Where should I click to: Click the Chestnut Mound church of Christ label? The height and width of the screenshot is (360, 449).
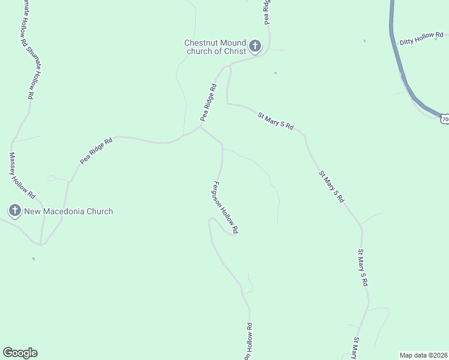coord(215,47)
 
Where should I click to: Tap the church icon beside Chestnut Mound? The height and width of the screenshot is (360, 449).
coord(255,46)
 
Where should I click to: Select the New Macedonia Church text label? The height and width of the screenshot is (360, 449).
coord(68,211)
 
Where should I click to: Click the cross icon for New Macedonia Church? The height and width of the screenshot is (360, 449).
coord(15,211)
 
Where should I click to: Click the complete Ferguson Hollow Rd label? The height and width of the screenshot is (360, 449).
coord(226,207)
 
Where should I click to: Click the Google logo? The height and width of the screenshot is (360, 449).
coord(20,352)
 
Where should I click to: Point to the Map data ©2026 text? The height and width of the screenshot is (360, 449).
coord(423,355)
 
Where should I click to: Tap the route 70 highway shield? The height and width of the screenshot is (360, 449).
coord(444,119)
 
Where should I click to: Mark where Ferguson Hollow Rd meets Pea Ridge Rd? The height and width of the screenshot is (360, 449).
coord(200,127)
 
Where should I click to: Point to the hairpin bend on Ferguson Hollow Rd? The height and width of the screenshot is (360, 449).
coord(210,223)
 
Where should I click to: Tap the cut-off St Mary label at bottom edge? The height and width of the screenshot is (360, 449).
coord(355,349)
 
